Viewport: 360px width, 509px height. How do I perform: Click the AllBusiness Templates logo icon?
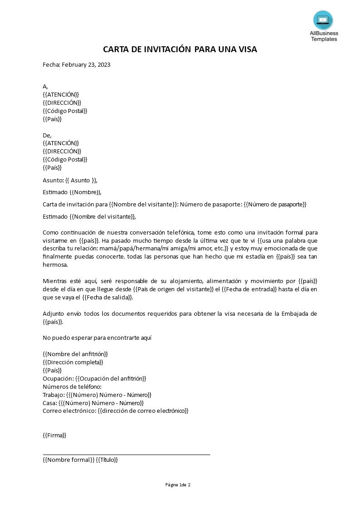(323, 20)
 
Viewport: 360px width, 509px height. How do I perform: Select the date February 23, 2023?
(86, 64)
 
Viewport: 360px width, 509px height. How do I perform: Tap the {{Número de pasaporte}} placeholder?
(275, 205)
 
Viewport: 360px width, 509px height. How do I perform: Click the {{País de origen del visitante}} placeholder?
(173, 289)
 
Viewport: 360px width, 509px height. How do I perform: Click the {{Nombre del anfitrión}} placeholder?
(75, 354)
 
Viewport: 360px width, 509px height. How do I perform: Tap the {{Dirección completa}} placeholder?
(73, 362)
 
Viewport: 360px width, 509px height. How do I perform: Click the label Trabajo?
(54, 395)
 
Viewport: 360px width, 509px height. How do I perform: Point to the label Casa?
(50, 403)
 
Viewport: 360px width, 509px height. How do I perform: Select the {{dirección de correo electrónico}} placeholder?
(143, 411)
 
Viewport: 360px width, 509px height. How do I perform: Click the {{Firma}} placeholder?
(54, 435)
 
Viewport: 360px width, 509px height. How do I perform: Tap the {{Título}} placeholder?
(107, 460)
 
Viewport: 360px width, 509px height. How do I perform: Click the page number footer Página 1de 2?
(178, 485)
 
